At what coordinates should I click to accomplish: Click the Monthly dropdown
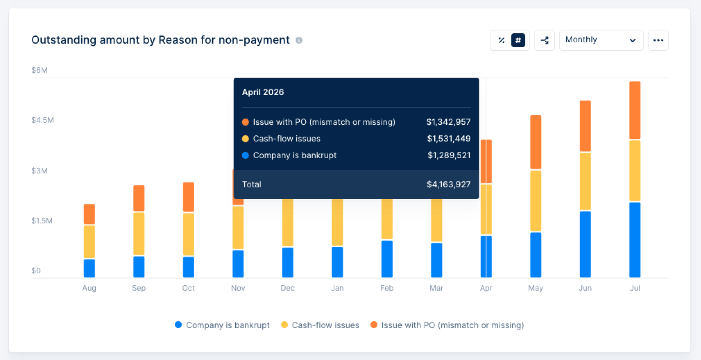pos(601,40)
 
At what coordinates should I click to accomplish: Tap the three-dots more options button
pos(658,40)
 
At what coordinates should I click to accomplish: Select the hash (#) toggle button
pos(518,40)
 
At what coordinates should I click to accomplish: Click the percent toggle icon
pos(501,40)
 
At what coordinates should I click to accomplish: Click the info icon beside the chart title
pos(299,40)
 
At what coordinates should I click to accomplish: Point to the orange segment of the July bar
pos(635,110)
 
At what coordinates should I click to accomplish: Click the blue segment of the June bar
pos(585,244)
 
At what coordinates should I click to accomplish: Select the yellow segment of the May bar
pos(536,201)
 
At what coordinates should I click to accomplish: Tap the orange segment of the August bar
pos(89,214)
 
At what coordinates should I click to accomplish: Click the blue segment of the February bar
pos(387,259)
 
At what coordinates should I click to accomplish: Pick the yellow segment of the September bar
pos(139,234)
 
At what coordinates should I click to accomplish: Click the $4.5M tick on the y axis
pos(43,120)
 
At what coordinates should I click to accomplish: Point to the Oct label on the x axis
pos(188,288)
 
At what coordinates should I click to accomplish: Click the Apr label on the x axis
pos(486,288)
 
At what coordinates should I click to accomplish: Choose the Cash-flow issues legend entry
pos(320,325)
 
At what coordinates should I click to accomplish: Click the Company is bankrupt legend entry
pos(222,325)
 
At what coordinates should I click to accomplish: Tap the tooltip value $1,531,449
pos(449,139)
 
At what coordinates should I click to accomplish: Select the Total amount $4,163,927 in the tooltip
pos(449,184)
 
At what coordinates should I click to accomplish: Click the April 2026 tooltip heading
pos(263,92)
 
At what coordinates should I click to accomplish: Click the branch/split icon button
pos(545,40)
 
